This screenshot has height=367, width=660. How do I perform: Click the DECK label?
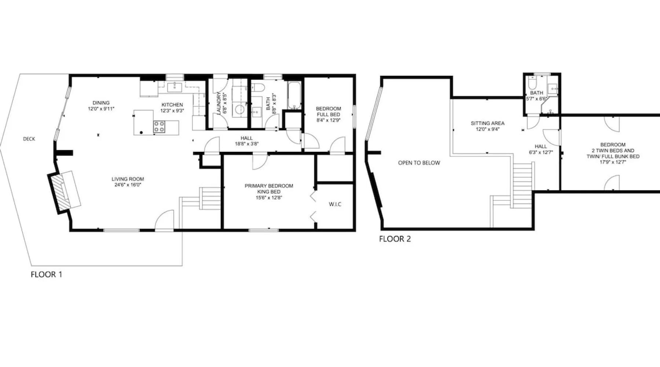[x=29, y=139]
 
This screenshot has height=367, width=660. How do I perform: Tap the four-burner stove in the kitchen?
[x=159, y=127]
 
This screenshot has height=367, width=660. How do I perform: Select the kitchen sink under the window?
[x=175, y=87]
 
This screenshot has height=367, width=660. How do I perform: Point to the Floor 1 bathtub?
[x=294, y=95]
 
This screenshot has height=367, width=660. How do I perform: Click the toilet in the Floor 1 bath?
[x=258, y=87]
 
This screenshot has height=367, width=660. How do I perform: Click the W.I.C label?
[x=335, y=204]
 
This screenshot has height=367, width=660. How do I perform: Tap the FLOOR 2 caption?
[x=395, y=239]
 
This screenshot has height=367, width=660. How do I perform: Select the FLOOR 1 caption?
[x=47, y=275]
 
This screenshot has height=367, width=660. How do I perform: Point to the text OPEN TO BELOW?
[x=419, y=163]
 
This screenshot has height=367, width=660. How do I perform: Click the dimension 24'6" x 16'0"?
[x=128, y=185]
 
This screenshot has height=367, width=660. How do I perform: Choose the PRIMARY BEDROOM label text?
[x=269, y=186]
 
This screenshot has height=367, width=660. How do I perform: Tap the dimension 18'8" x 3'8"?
[x=247, y=144]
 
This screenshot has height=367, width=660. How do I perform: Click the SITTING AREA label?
[x=488, y=123]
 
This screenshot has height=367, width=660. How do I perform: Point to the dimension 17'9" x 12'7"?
[x=613, y=162]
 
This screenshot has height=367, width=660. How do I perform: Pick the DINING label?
[x=101, y=103]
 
